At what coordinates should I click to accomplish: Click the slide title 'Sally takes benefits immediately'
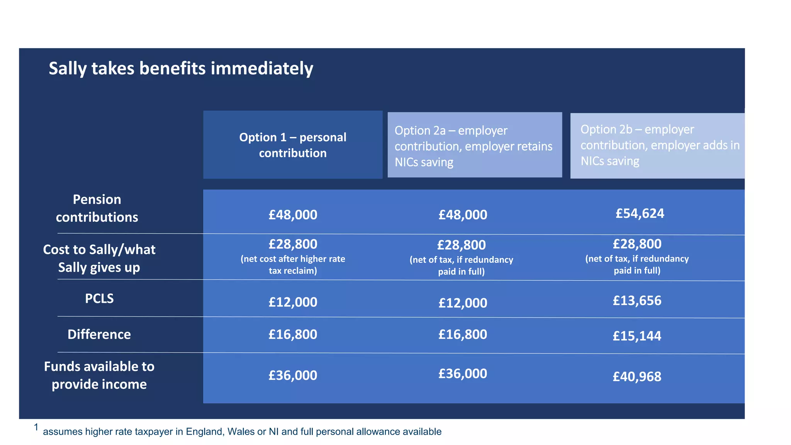pos(181,69)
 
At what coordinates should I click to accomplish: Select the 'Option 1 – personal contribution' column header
pos(293,145)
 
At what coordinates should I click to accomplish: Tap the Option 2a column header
pos(474,146)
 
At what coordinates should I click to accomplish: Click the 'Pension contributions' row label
pos(97,208)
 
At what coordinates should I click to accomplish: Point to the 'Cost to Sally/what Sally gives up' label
pos(99,258)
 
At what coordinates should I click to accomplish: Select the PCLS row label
pos(99,298)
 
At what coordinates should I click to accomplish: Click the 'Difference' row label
pos(99,334)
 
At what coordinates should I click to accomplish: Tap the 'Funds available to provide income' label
pos(99,375)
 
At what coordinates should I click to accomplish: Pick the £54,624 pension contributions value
pos(640,213)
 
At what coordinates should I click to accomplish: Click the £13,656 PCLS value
pos(637,301)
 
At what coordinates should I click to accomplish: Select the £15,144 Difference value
pos(637,336)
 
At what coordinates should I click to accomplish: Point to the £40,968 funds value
pos(637,376)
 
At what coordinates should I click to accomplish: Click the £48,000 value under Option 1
pos(293,214)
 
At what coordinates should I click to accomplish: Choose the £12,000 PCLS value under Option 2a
pos(463,302)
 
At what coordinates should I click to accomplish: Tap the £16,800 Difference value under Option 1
pos(293,334)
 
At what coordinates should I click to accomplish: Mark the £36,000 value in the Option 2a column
pos(463,374)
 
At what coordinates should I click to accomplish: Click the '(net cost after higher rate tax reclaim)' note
pos(293,265)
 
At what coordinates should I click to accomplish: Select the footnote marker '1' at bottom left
pos(36,427)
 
